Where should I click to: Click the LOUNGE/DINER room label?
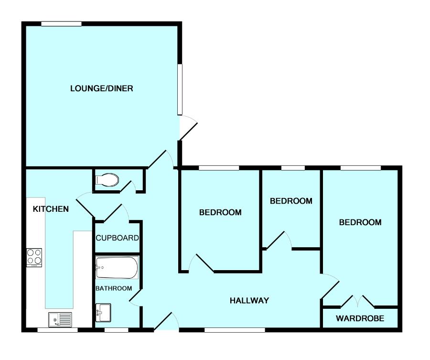[x=101, y=88]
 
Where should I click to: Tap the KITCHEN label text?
[x=51, y=209]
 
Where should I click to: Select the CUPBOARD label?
[x=117, y=238]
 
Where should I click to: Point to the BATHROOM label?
[x=114, y=288]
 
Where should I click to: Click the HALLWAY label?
[x=249, y=301]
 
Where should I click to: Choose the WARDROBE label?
[x=360, y=318]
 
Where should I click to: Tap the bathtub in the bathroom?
[x=117, y=268]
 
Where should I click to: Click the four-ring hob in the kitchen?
[x=34, y=257]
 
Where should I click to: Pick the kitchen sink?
[x=60, y=319]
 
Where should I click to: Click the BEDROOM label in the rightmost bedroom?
[x=360, y=222]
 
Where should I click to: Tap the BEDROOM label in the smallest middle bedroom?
[x=291, y=201]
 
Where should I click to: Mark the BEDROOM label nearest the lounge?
[x=220, y=212]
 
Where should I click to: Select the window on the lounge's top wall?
[x=61, y=23]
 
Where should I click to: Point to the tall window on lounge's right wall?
[x=180, y=89]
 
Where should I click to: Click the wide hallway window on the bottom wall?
[x=235, y=329]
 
